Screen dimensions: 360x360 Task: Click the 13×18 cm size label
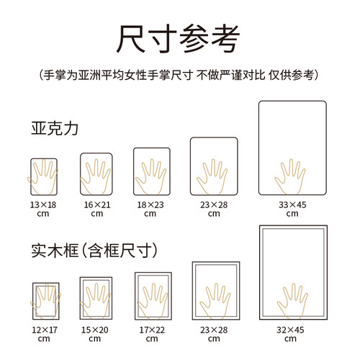tap(44, 209)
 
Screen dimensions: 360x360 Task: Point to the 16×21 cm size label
tap(96, 209)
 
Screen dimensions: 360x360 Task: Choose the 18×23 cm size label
tap(150, 209)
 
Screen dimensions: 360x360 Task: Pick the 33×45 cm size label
tap(292, 209)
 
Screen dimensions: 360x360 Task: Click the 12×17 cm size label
tap(44, 333)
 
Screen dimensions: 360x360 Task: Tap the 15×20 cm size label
tap(96, 333)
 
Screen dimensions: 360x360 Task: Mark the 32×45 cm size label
tap(292, 333)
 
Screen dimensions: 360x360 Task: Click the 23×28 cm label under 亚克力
tap(213, 209)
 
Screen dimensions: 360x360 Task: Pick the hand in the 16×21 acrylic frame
tap(96, 176)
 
